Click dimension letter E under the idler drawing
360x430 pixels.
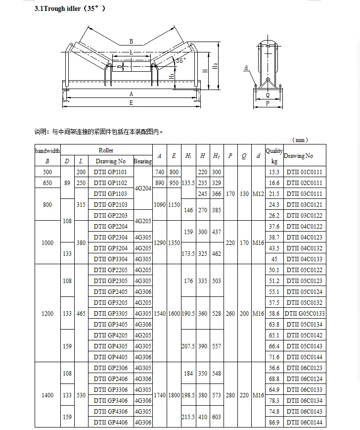[131, 103]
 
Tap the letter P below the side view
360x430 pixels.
[268, 103]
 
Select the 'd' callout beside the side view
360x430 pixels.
[245, 68]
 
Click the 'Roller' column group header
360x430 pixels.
[106, 150]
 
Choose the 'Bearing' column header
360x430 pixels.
[143, 161]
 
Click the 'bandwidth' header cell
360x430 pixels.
[47, 150]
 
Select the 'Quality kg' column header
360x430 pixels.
[274, 155]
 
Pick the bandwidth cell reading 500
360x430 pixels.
[47, 172]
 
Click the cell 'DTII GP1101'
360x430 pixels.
[110, 172]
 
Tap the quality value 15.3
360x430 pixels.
[274, 172]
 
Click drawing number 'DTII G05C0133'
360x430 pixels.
[305, 314]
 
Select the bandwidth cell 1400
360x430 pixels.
[47, 395]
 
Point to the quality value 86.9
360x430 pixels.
[274, 423]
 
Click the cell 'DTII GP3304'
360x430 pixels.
[110, 259]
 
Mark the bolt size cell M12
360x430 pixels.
[258, 194]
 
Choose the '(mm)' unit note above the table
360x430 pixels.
[300, 140]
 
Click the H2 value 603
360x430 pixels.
[216, 417]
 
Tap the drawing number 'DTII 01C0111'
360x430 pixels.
[304, 172]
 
